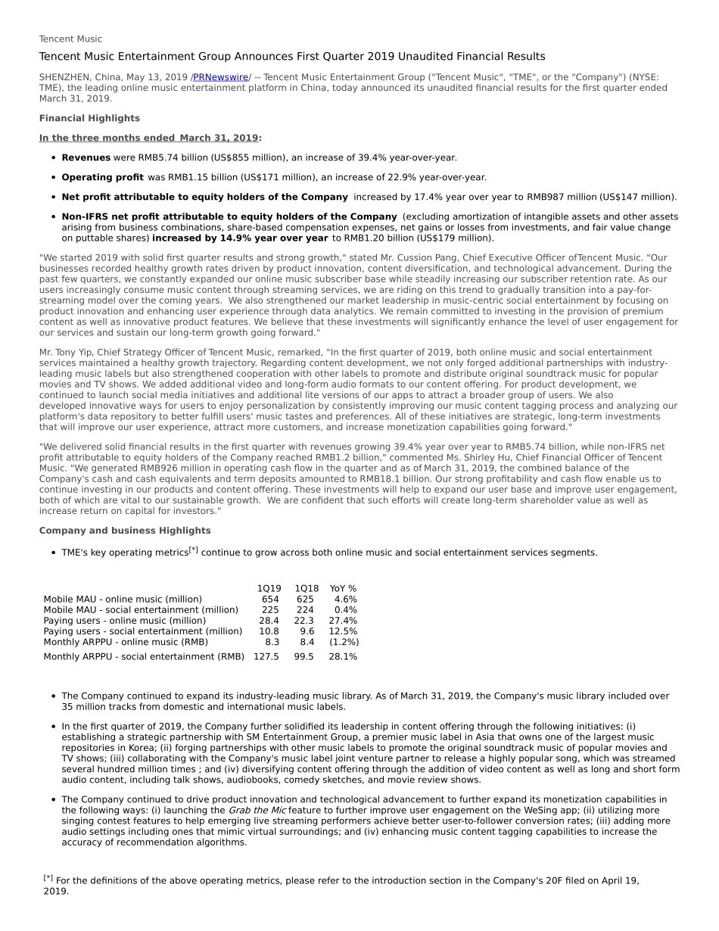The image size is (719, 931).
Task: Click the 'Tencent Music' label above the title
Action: pos(70,39)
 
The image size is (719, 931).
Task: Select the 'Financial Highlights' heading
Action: pos(89,118)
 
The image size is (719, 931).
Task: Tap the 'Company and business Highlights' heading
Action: pos(125,531)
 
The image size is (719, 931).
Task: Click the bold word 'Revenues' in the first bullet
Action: pos(86,157)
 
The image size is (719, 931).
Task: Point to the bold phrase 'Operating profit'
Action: pos(102,177)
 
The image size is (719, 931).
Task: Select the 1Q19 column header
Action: pos(269,588)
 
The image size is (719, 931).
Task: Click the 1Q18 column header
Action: pos(307,588)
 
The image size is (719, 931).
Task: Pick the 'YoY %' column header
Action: pos(343,588)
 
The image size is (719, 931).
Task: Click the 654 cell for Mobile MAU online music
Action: pos(270,599)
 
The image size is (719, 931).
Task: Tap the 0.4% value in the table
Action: pos(345,609)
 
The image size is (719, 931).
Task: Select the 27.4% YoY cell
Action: pos(343,620)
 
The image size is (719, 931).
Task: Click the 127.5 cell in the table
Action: pos(266,656)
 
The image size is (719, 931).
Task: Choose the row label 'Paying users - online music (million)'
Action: pos(124,620)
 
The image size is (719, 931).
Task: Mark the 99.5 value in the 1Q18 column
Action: pos(304,656)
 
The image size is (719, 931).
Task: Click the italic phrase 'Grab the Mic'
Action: pos(257,810)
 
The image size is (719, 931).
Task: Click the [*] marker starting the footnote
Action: pos(48,878)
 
